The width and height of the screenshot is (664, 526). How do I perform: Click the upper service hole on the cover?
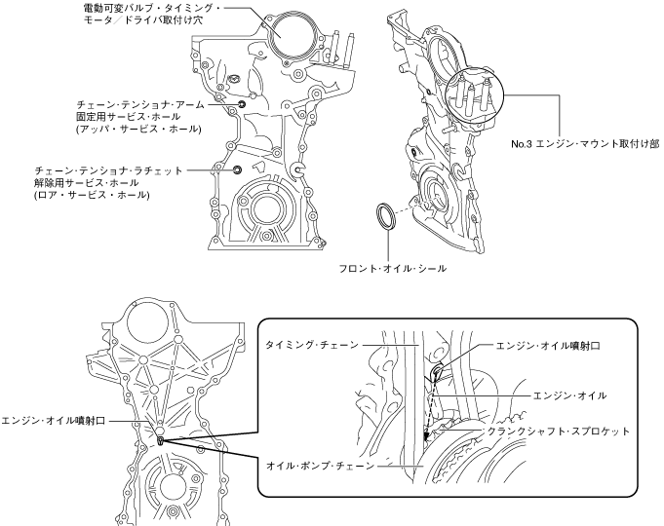(x=241, y=104)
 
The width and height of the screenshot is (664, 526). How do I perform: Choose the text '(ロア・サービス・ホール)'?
(x=91, y=195)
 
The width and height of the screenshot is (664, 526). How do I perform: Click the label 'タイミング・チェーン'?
(x=311, y=345)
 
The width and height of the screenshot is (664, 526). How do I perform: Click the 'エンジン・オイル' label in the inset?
(x=570, y=395)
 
